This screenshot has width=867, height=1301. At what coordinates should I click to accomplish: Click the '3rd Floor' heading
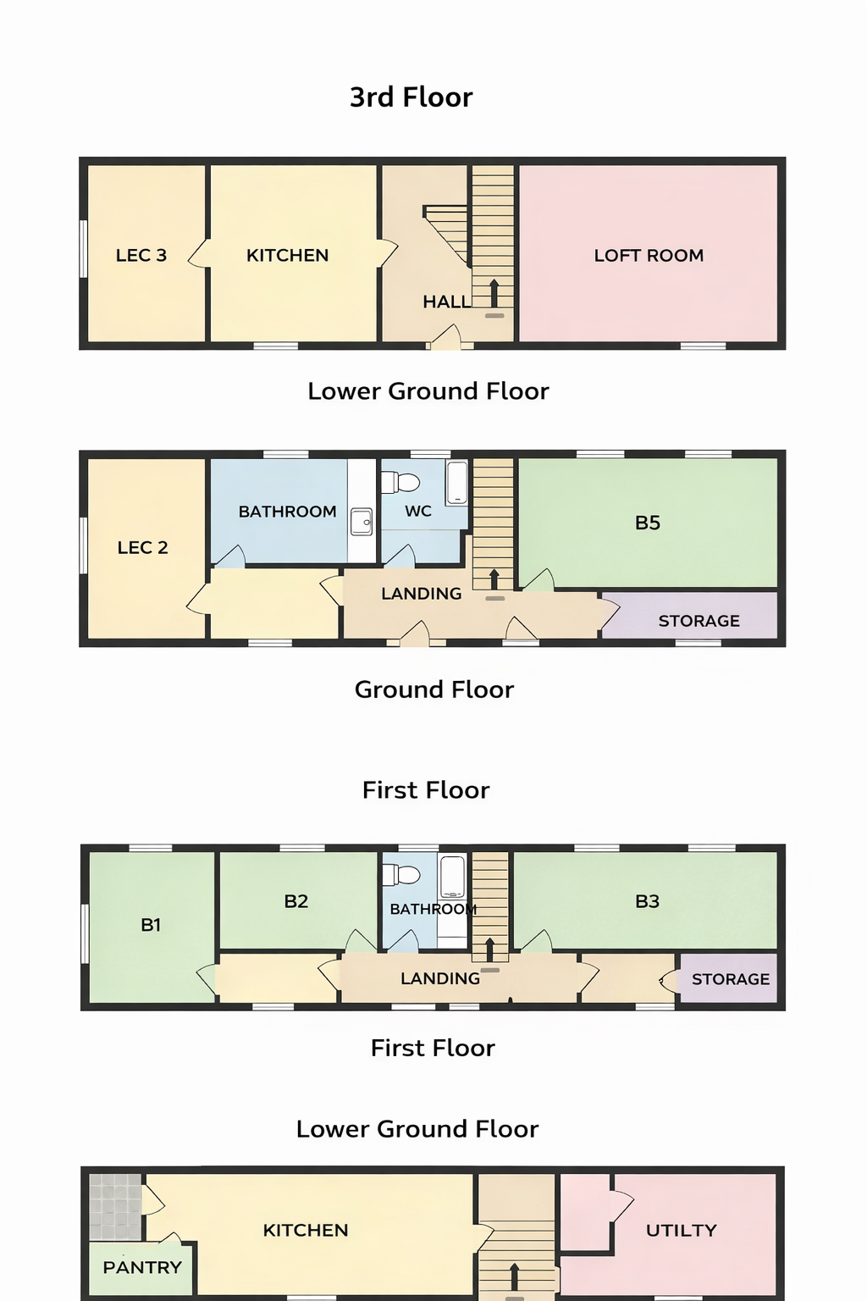(x=411, y=97)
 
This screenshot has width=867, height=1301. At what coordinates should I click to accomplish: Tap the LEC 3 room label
(x=141, y=255)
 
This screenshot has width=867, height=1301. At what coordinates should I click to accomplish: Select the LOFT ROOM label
(x=649, y=256)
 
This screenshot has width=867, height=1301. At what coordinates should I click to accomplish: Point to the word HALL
(x=446, y=302)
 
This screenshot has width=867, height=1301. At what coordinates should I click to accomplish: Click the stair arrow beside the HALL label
(x=494, y=293)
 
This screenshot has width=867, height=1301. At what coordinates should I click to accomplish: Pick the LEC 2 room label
(x=143, y=548)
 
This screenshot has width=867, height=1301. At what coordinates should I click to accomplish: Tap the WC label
(x=418, y=511)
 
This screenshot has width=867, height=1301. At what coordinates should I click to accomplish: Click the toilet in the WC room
(x=400, y=482)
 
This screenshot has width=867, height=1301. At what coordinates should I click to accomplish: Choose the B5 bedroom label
(x=648, y=523)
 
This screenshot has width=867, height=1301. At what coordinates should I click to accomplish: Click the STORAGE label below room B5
(x=699, y=621)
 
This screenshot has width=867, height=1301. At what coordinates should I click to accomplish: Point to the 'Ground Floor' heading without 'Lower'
(x=434, y=690)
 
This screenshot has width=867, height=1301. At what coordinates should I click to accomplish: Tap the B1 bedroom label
(x=151, y=925)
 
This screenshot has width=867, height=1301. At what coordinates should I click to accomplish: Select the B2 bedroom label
(x=296, y=901)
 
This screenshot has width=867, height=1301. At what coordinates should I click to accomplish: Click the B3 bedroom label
(x=648, y=901)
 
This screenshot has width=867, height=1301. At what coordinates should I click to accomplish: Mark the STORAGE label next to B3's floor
(x=731, y=979)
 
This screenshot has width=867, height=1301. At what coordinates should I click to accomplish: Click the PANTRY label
(x=142, y=1267)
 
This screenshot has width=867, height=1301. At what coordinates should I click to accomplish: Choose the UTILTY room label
(x=682, y=1230)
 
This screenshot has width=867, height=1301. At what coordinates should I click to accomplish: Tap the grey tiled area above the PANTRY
(x=115, y=1207)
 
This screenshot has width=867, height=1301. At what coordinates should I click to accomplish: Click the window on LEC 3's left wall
(x=84, y=248)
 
